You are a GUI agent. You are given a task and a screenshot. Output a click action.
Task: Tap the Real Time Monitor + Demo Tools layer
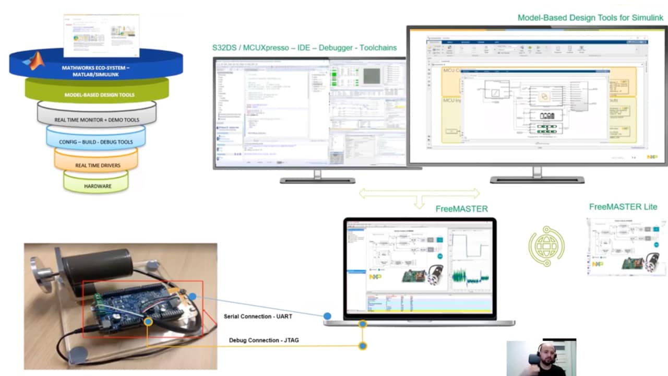97,120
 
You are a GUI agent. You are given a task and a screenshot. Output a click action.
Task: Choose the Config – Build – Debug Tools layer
96,142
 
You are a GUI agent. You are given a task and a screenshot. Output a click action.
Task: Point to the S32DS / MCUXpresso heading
304,48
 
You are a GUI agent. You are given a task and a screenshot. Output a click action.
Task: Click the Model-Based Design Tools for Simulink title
590,18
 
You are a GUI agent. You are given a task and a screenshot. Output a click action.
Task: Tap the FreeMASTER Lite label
623,207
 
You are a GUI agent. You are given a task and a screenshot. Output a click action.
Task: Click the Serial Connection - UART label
258,316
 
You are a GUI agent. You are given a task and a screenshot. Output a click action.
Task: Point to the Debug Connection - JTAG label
264,340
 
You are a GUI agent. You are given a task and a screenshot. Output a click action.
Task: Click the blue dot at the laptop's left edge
327,316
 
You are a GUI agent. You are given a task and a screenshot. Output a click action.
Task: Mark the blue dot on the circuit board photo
193,297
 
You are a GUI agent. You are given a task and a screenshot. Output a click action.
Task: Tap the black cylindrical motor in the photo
97,266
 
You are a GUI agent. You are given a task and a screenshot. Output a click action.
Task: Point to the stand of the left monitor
317,176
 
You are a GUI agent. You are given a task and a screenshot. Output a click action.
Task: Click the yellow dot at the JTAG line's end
363,346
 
